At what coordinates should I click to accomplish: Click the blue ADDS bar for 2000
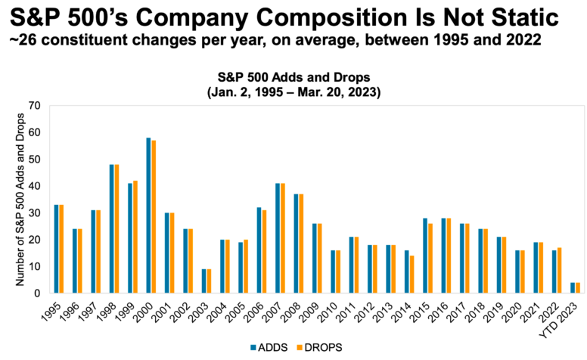tap(148, 216)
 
